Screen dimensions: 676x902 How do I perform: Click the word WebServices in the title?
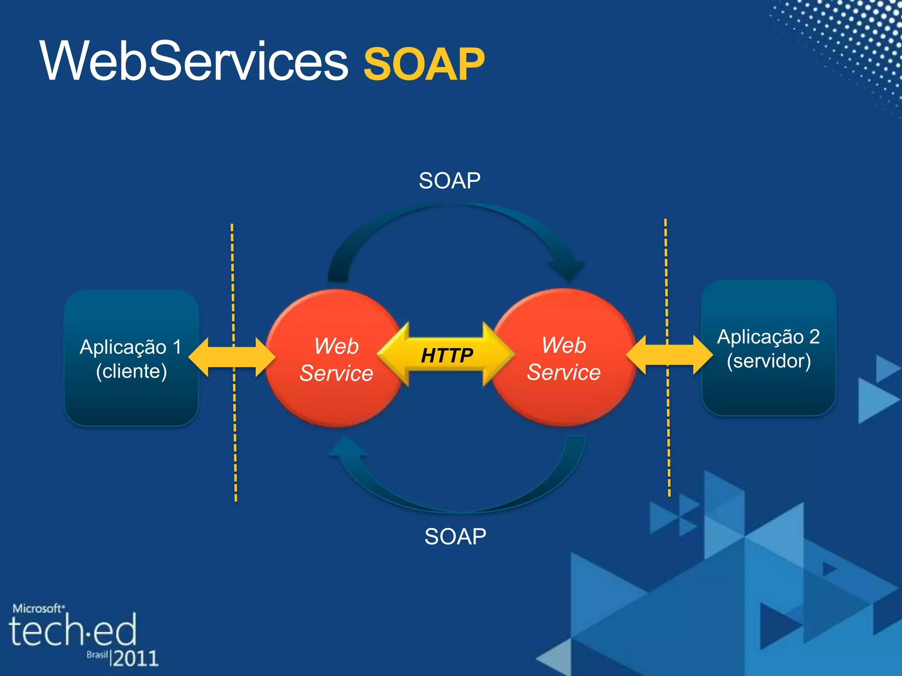coord(194,62)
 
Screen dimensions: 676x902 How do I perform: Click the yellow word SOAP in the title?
coord(424,65)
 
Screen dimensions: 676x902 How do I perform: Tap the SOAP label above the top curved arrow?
coord(449,181)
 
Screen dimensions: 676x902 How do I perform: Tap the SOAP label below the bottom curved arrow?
coord(455,536)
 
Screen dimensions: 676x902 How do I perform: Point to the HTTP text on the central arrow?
coord(447,356)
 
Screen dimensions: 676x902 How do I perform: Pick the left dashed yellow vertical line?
coord(234,440)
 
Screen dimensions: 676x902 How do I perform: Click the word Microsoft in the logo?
coord(37,609)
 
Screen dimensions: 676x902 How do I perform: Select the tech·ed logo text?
coord(73,631)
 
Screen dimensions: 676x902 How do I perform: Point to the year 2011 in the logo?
coord(134,658)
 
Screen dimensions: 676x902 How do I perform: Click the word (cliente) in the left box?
coord(131,371)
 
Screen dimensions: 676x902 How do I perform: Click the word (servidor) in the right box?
coord(769,361)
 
